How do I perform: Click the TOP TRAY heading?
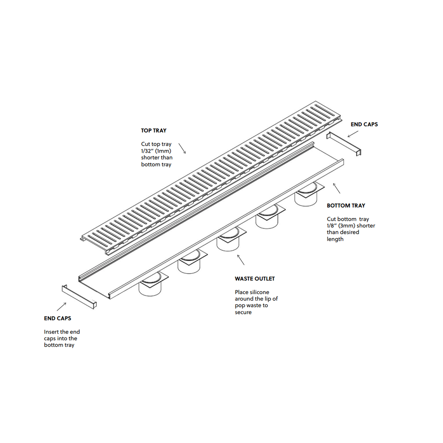[154, 130]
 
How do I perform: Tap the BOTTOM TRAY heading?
[346, 206]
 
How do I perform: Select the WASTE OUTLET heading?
[255, 279]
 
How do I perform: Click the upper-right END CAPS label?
[364, 124]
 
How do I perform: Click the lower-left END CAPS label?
[58, 318]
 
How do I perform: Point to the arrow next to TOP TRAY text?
[182, 148]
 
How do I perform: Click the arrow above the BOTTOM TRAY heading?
[336, 188]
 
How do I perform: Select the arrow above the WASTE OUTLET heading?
[241, 260]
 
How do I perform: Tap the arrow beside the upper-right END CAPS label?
[353, 134]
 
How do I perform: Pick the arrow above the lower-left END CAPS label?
[62, 307]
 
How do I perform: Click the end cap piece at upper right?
[344, 144]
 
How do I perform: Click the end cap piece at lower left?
[79, 297]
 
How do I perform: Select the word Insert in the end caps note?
[51, 332]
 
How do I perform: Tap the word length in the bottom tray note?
[335, 239]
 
